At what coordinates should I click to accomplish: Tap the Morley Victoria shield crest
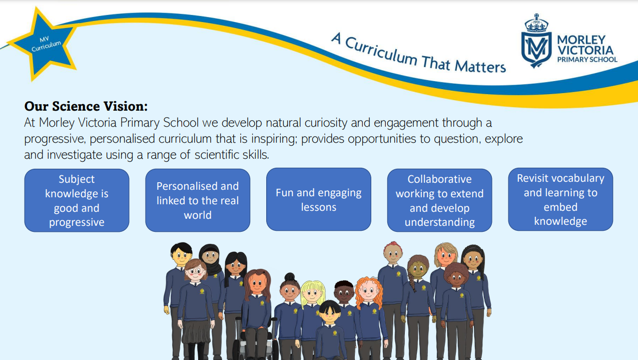(x=536, y=49)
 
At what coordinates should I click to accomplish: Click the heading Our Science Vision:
(x=86, y=106)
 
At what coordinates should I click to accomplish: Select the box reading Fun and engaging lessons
(x=319, y=199)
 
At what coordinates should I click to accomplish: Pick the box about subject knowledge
(x=77, y=200)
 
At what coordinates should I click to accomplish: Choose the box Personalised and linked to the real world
(x=198, y=200)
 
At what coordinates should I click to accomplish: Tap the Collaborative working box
(x=439, y=200)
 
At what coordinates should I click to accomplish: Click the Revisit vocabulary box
(x=560, y=199)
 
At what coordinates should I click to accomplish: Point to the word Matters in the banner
(x=480, y=67)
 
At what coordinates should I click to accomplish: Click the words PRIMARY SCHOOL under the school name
(x=587, y=60)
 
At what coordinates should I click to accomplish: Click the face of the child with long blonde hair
(x=312, y=293)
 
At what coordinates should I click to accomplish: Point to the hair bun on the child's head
(x=290, y=276)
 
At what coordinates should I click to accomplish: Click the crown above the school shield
(x=536, y=24)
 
